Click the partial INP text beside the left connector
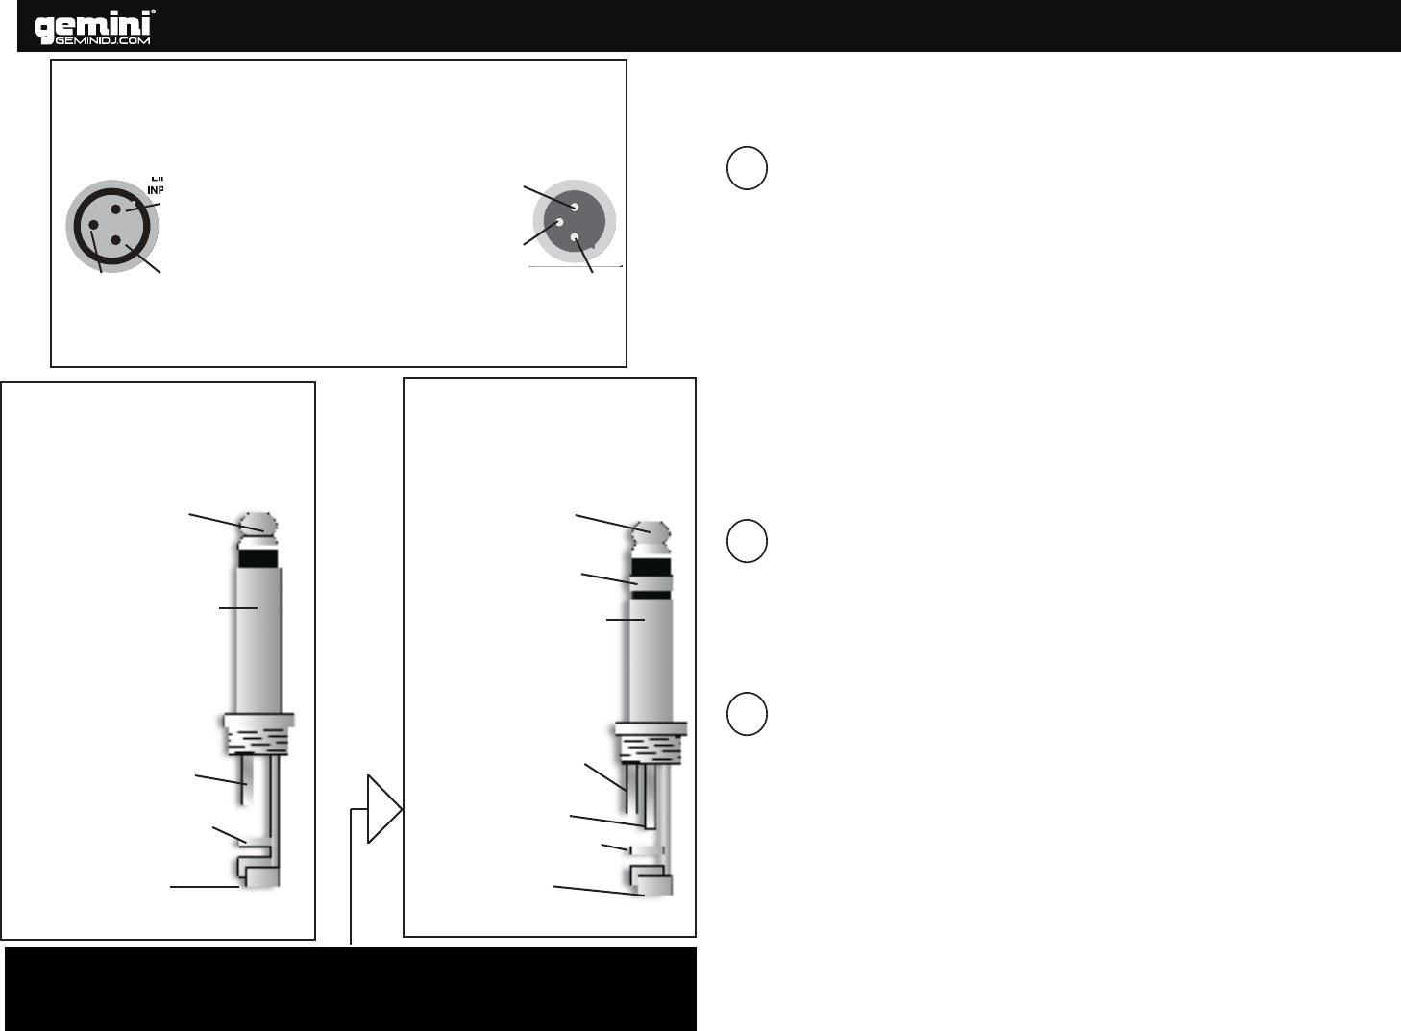[x=155, y=188]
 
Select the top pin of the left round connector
[x=116, y=209]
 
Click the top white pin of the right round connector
[x=574, y=206]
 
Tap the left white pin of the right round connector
[x=559, y=222]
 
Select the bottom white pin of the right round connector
[x=574, y=236]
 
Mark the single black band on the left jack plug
[x=257, y=556]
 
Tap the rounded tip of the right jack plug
[x=651, y=531]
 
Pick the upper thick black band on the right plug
[x=651, y=563]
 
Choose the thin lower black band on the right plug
[x=651, y=595]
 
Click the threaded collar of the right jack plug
[x=651, y=744]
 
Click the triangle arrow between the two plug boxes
[x=383, y=811]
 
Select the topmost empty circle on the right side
[x=747, y=167]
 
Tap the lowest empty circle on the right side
[x=747, y=713]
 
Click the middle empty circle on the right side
[x=747, y=541]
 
